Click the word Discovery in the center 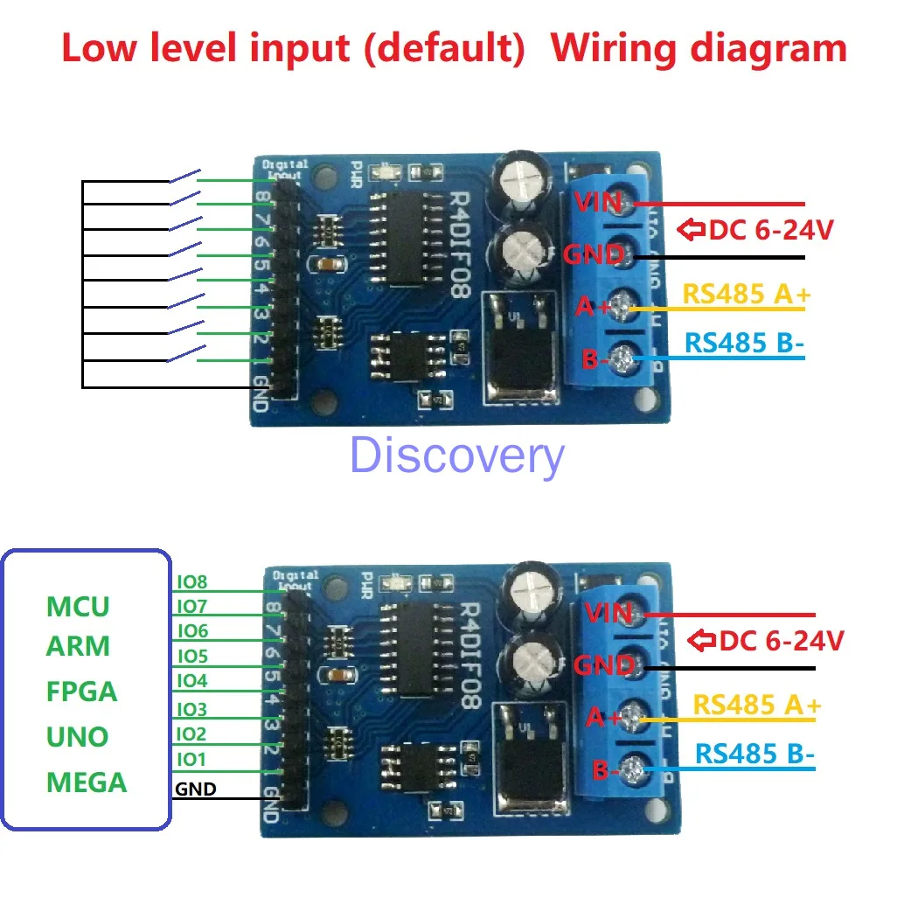click(x=456, y=457)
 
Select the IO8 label click(x=191, y=581)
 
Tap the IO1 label click(x=191, y=760)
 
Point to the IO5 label click(x=191, y=656)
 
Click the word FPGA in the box click(x=81, y=692)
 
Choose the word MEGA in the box click(x=87, y=782)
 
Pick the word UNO click(x=77, y=737)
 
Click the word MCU click(x=78, y=606)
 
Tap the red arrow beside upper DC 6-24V click(x=692, y=231)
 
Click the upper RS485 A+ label click(x=746, y=295)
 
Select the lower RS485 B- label click(x=755, y=754)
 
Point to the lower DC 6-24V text click(x=781, y=641)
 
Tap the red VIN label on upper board click(x=597, y=203)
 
